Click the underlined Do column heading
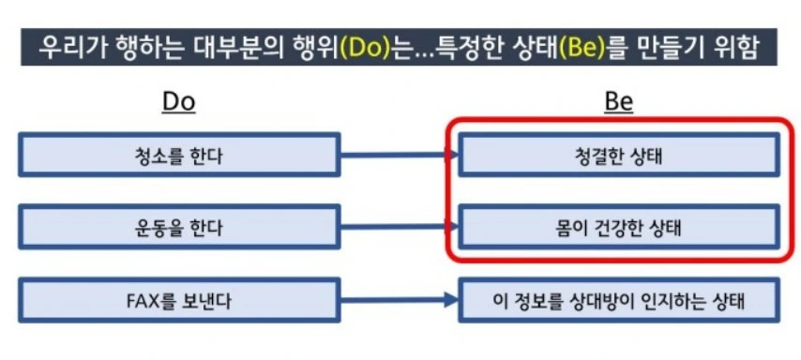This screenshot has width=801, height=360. point(178,102)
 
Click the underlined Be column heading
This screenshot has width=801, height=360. point(618,102)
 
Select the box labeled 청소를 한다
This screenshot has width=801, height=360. point(179,155)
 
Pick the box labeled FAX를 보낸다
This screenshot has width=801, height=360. point(179,301)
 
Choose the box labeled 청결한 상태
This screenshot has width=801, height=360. point(618,155)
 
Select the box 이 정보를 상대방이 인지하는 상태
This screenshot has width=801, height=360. point(618,301)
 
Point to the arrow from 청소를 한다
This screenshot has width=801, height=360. point(398,156)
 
